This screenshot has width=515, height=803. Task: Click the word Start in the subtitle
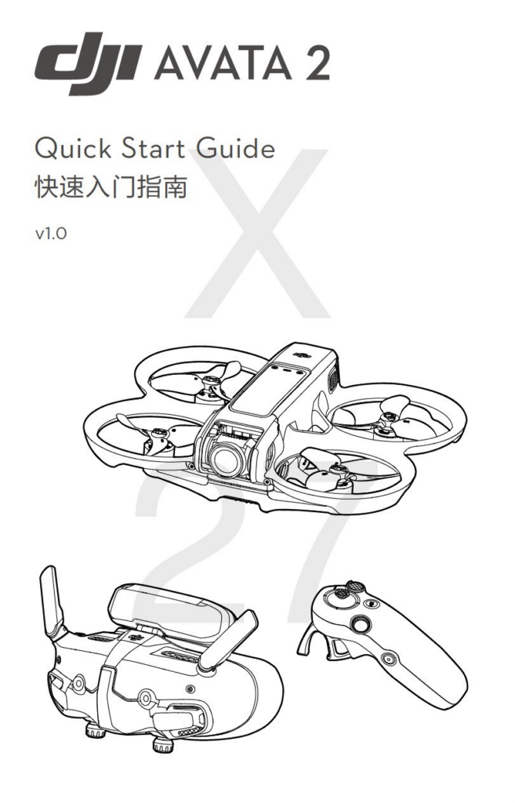154,148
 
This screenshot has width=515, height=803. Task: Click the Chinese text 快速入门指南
111,187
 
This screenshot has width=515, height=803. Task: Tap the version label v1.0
51,234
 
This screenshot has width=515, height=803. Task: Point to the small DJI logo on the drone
303,354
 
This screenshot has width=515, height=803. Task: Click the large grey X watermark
257,233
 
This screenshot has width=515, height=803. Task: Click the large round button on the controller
361,625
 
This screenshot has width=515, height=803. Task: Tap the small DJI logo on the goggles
135,637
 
